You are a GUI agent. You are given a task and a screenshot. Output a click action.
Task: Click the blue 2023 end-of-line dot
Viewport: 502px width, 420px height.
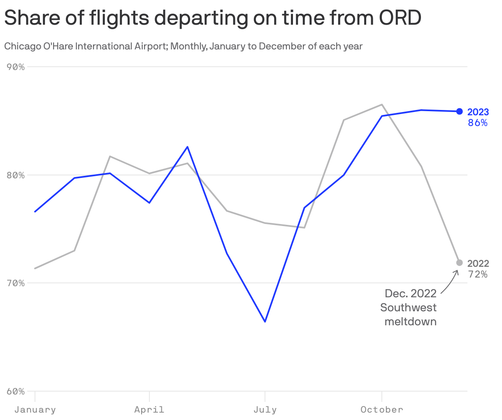tap(460, 111)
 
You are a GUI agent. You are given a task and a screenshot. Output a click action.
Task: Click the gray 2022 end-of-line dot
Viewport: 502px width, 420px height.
tap(460, 263)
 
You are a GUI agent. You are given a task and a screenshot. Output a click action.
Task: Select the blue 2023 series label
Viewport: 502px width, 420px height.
tap(478, 112)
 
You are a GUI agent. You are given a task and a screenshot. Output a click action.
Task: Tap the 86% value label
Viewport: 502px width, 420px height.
tap(478, 123)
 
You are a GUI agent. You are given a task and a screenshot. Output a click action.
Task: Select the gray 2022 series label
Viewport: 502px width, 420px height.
tap(478, 264)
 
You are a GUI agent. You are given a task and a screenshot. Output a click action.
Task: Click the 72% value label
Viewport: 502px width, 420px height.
tap(478, 274)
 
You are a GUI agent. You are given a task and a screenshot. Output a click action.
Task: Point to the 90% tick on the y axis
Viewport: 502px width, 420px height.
tap(16, 67)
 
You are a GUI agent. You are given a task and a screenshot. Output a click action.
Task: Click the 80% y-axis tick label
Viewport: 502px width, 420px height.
tap(16, 175)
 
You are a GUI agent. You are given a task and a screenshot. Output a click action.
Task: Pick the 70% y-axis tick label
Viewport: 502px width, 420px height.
tap(16, 283)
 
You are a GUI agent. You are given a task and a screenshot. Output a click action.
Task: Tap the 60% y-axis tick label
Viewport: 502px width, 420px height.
tap(16, 391)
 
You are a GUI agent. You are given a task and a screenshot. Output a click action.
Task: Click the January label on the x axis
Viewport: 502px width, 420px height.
tap(35, 410)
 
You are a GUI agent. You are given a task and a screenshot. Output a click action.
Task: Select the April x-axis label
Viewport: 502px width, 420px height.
tap(149, 410)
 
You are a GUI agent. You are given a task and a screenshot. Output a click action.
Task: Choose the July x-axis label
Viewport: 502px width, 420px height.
tap(265, 410)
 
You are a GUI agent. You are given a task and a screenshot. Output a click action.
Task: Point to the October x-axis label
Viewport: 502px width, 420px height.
tap(382, 410)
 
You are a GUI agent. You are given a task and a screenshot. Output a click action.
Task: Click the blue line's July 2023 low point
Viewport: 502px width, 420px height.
tap(265, 322)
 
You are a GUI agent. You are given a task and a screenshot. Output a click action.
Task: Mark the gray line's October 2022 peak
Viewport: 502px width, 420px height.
tap(382, 105)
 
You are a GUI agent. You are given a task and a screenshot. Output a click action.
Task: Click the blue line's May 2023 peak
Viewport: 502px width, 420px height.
tap(188, 147)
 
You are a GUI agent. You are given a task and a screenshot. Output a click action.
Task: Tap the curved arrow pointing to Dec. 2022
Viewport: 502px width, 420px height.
tap(451, 281)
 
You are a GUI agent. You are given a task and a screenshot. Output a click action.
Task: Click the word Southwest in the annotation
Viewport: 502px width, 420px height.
tap(408, 308)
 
